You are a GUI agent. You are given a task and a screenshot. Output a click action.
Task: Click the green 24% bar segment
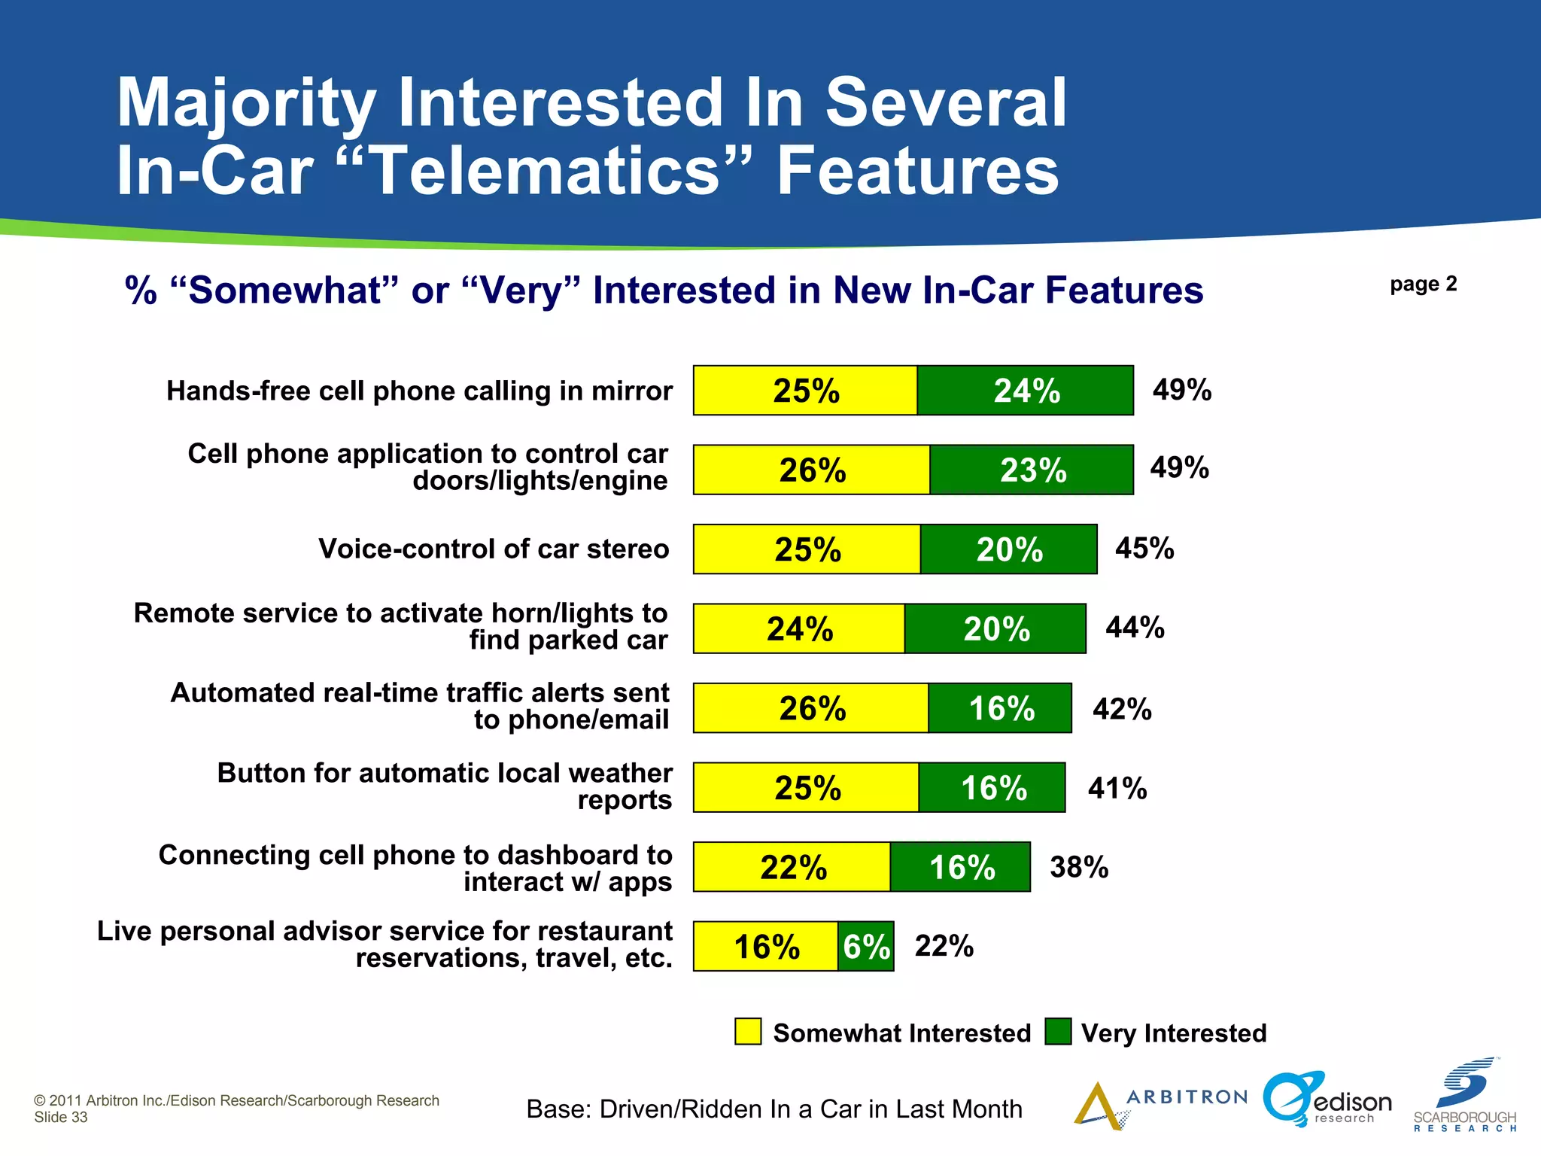point(1025,391)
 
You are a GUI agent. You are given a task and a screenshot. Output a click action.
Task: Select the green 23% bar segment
point(1032,470)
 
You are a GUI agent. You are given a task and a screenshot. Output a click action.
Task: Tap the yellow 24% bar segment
point(799,629)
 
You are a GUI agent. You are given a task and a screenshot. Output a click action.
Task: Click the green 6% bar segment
point(866,947)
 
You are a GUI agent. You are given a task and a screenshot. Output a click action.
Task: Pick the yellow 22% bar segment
point(792,867)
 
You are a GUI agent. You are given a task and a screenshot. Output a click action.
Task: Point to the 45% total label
point(1144,548)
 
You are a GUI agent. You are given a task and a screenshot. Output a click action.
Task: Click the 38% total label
point(1079,867)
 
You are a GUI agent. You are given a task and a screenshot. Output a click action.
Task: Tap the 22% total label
point(944,946)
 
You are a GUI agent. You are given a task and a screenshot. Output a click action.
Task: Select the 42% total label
point(1122,709)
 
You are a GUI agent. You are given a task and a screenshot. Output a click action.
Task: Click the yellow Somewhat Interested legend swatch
point(748,1032)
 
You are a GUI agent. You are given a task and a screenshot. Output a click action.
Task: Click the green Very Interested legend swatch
point(1058,1032)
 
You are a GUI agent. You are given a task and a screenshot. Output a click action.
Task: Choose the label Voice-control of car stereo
point(494,549)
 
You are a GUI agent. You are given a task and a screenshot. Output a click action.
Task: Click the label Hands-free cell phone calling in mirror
point(419,391)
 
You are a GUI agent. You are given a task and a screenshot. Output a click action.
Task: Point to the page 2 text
point(1423,284)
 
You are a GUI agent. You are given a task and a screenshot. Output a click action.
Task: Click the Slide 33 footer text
point(61,1118)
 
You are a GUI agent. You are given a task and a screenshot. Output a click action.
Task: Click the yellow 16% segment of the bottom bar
point(765,947)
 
